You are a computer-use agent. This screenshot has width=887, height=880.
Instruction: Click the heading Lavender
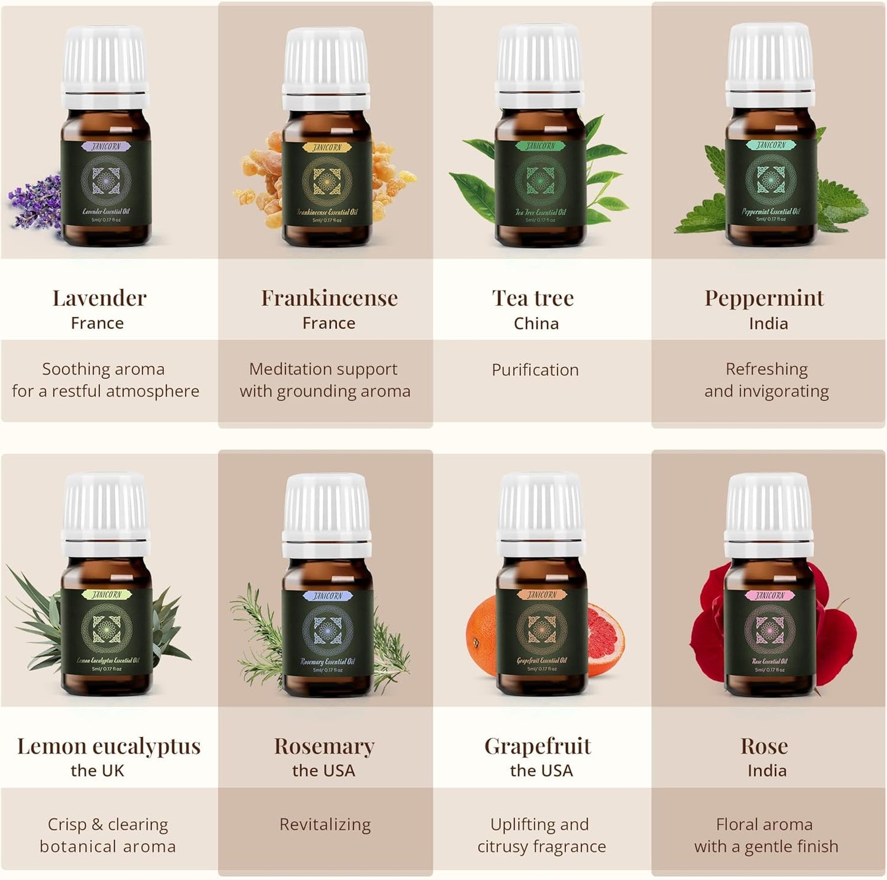click(x=99, y=298)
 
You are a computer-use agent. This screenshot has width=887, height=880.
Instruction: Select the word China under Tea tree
click(x=536, y=324)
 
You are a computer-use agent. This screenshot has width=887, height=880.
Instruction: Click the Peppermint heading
click(x=764, y=298)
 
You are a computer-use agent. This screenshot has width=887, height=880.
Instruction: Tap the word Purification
click(x=535, y=370)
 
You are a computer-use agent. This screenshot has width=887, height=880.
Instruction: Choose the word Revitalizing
click(x=325, y=824)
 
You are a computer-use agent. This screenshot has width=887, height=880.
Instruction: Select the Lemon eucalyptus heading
click(x=109, y=746)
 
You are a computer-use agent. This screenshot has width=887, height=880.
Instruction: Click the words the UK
click(x=97, y=771)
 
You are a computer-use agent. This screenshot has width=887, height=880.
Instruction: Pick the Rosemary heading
click(x=324, y=746)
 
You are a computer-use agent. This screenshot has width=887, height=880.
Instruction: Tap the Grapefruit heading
click(x=538, y=746)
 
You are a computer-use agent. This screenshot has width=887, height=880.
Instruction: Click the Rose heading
click(x=764, y=746)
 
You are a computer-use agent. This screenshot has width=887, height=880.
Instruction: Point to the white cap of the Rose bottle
click(x=769, y=513)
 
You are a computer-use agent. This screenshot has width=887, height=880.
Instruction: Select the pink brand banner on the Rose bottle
click(x=769, y=596)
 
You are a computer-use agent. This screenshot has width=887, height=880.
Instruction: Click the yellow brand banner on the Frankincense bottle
click(x=327, y=147)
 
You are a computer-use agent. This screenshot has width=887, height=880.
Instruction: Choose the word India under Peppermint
click(x=768, y=324)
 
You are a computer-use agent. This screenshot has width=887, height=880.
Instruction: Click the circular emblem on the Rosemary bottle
click(x=327, y=629)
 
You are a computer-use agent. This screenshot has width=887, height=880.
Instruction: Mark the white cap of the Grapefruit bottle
click(x=540, y=513)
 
